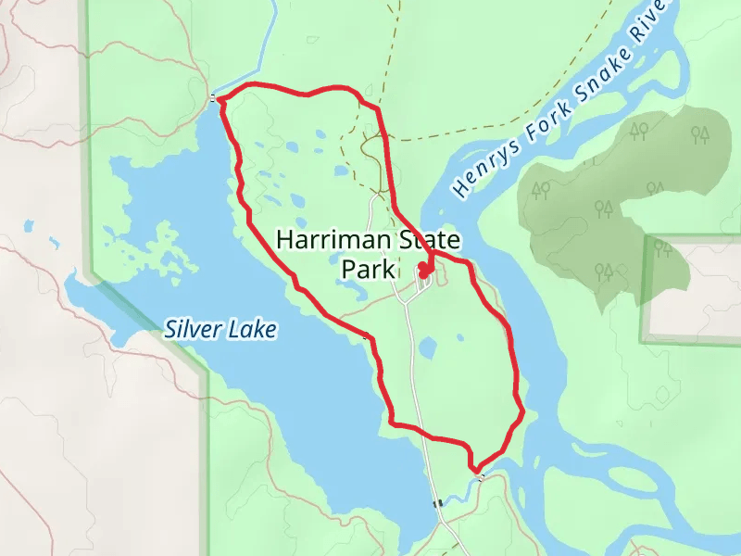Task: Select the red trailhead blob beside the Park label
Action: (x=424, y=271)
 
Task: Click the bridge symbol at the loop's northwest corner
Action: (x=215, y=97)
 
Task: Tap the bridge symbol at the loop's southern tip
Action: (x=480, y=474)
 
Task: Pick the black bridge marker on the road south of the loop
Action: (x=437, y=503)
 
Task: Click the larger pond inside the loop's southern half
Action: (x=427, y=348)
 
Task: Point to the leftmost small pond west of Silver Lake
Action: (x=29, y=226)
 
